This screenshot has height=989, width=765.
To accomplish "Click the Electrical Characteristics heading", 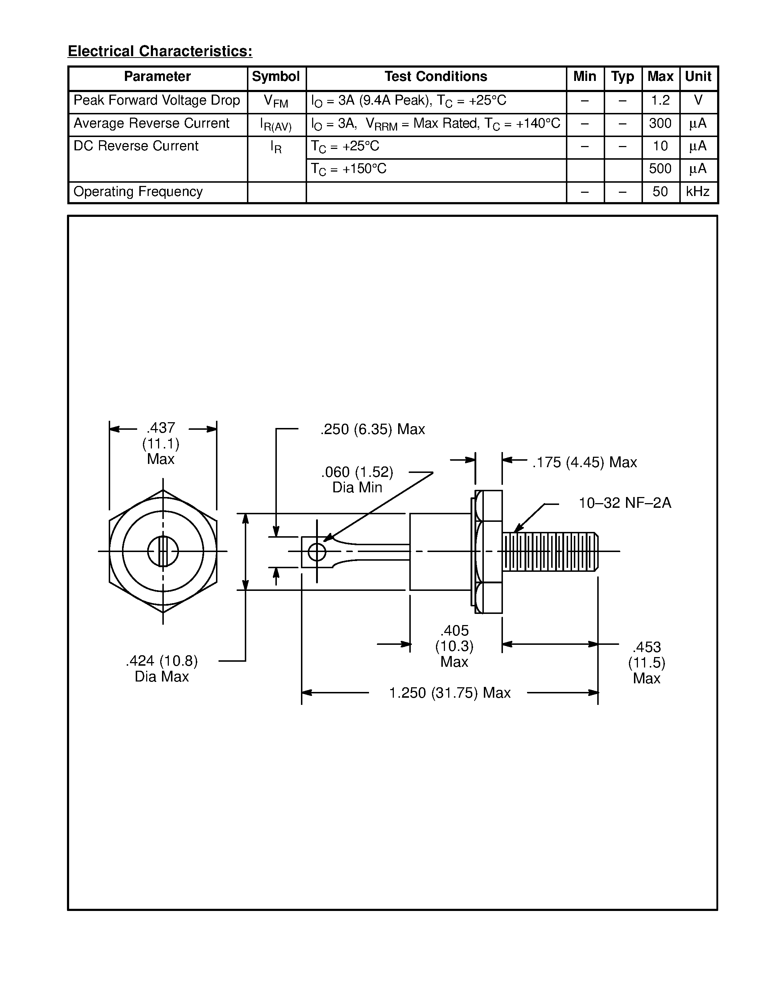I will [160, 51].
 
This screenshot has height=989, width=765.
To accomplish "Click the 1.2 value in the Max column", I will [660, 100].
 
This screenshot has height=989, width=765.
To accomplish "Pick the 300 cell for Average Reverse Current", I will [660, 123].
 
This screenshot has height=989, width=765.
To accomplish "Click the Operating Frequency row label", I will [138, 192].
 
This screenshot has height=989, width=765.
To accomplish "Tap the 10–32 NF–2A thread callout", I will [625, 503].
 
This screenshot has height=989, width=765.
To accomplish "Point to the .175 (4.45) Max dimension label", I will [584, 462].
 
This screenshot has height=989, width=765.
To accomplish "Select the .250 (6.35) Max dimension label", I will [373, 429].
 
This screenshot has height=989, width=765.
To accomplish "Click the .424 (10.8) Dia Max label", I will [162, 669].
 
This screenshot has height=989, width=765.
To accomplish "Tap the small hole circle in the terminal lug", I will [317, 552].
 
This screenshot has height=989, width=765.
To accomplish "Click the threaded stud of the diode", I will [550, 552].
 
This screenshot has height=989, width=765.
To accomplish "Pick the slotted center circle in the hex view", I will [163, 551].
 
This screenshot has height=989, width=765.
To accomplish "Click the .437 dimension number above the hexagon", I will [161, 428].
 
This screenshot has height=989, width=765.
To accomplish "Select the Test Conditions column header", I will [436, 77].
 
